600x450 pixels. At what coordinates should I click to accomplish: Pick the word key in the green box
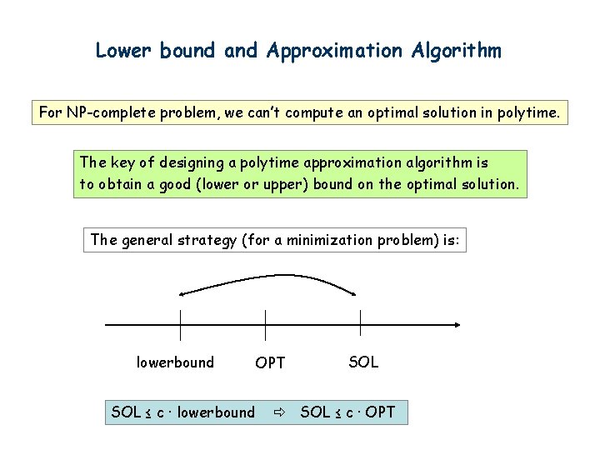pyautogui.click(x=121, y=162)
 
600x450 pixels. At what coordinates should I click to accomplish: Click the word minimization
pyautogui.click(x=327, y=241)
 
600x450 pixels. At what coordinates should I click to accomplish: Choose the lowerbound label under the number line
pyautogui.click(x=175, y=362)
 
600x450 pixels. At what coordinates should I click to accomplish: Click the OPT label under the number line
pyautogui.click(x=270, y=363)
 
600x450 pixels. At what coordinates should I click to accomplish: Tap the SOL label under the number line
pyautogui.click(x=363, y=362)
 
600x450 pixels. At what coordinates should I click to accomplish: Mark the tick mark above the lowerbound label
pyautogui.click(x=181, y=324)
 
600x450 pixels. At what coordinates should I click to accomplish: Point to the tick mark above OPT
pyautogui.click(x=265, y=324)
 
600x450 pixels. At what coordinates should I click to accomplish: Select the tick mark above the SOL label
pyautogui.click(x=360, y=324)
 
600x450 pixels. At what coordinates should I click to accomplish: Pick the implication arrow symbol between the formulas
pyautogui.click(x=277, y=412)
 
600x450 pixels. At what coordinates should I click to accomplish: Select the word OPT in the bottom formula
pyautogui.click(x=380, y=412)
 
